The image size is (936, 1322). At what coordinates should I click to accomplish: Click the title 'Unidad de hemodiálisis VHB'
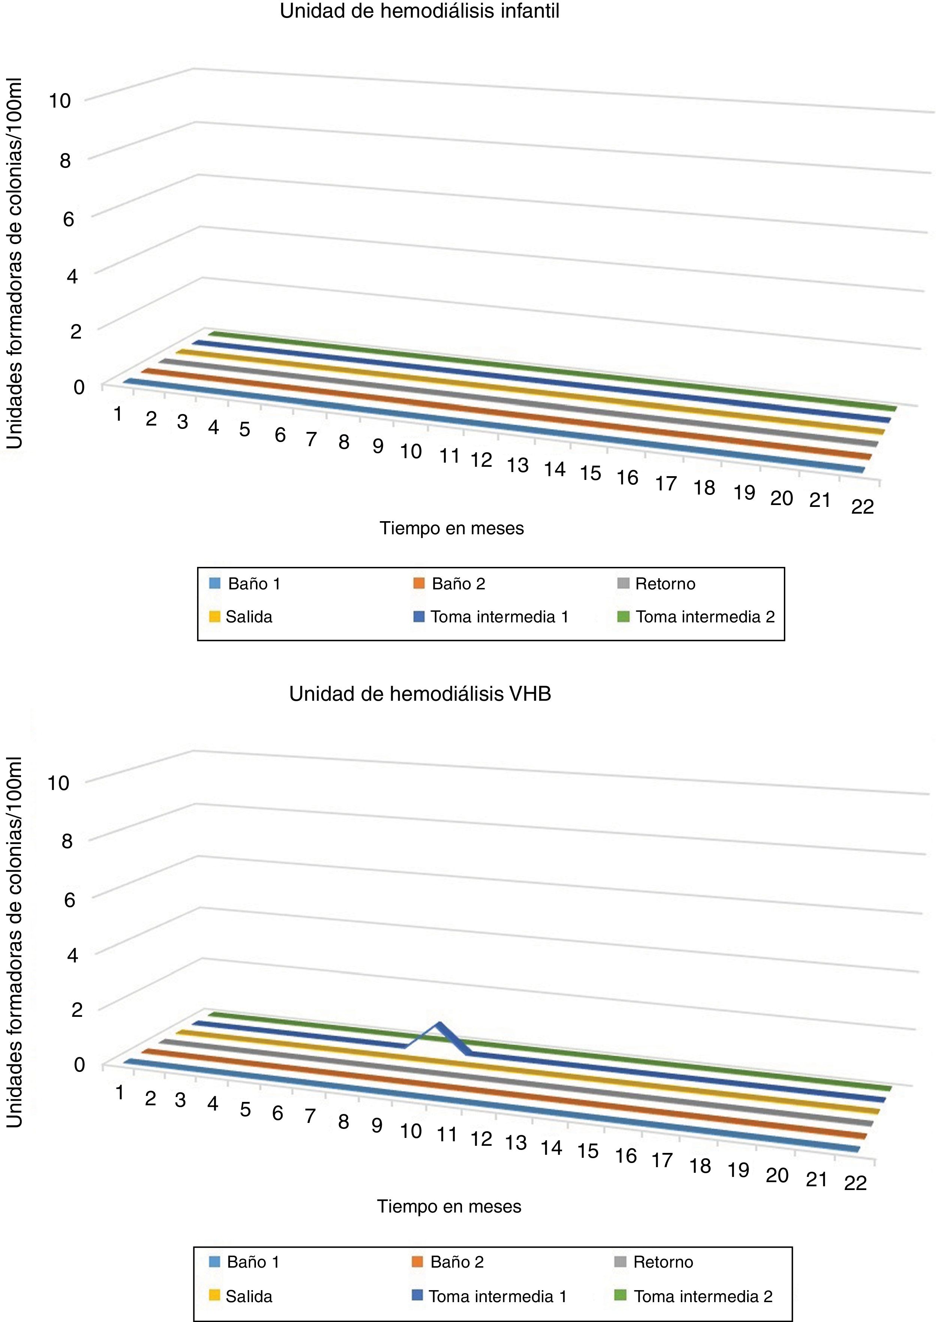420,694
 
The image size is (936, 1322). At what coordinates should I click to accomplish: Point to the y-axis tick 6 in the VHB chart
69,899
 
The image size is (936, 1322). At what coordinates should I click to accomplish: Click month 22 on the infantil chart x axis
862,507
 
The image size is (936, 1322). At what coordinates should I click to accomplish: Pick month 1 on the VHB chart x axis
120,1093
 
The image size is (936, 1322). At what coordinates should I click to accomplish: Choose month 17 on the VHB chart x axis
662,1159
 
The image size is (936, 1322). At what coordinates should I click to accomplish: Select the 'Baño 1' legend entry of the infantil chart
254,584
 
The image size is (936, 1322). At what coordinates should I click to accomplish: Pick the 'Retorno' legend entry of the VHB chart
663,1262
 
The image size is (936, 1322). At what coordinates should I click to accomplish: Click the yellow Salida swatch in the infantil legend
214,617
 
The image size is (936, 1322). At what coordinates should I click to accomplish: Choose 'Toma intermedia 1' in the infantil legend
499,617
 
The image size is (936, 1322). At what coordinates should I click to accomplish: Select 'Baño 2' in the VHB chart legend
456,1262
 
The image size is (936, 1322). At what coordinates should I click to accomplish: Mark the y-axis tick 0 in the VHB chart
79,1065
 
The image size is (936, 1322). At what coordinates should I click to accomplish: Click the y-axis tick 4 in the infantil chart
72,276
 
